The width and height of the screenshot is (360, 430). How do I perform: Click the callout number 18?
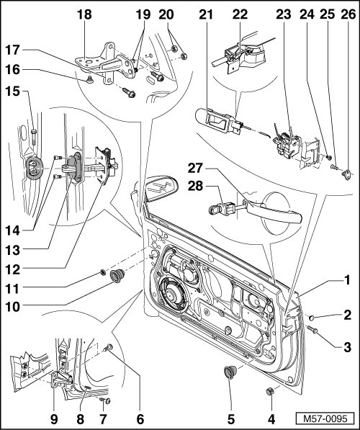point(84,14)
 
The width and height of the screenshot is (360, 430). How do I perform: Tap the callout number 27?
point(195,168)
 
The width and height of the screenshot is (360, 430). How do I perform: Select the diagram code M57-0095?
point(325,418)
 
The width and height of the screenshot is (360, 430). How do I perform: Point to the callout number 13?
point(13,250)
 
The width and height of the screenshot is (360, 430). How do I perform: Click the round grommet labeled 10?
point(117,276)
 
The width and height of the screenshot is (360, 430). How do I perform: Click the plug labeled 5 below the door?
point(228,372)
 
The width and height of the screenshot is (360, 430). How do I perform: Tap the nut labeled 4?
point(270,391)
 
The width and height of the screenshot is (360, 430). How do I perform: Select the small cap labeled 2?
point(312,318)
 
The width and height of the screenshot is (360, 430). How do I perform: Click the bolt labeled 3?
point(312,329)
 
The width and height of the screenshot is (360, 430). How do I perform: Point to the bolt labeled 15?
point(33,137)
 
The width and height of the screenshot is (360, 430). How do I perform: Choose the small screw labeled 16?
point(89,79)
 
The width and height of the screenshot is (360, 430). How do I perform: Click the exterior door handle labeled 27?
point(274,210)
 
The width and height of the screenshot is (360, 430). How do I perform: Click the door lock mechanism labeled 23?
point(287,143)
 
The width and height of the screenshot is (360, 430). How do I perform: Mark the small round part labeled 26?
point(347,175)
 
